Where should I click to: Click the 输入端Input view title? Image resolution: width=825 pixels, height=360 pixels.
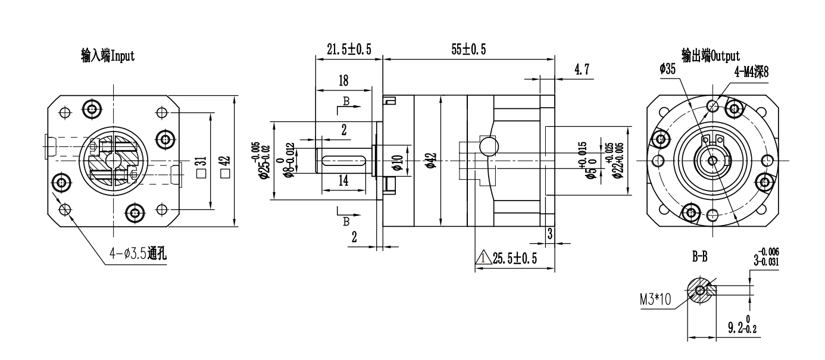[x=108, y=56]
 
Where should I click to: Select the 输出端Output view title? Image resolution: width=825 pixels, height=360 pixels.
[x=711, y=56]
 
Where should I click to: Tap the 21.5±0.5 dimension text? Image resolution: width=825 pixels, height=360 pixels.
[x=349, y=50]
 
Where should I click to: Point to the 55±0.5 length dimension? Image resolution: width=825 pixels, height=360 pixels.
[x=468, y=50]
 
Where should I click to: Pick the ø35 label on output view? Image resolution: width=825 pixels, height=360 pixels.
[x=668, y=70]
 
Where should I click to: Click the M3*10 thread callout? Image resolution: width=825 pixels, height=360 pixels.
[x=655, y=299]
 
